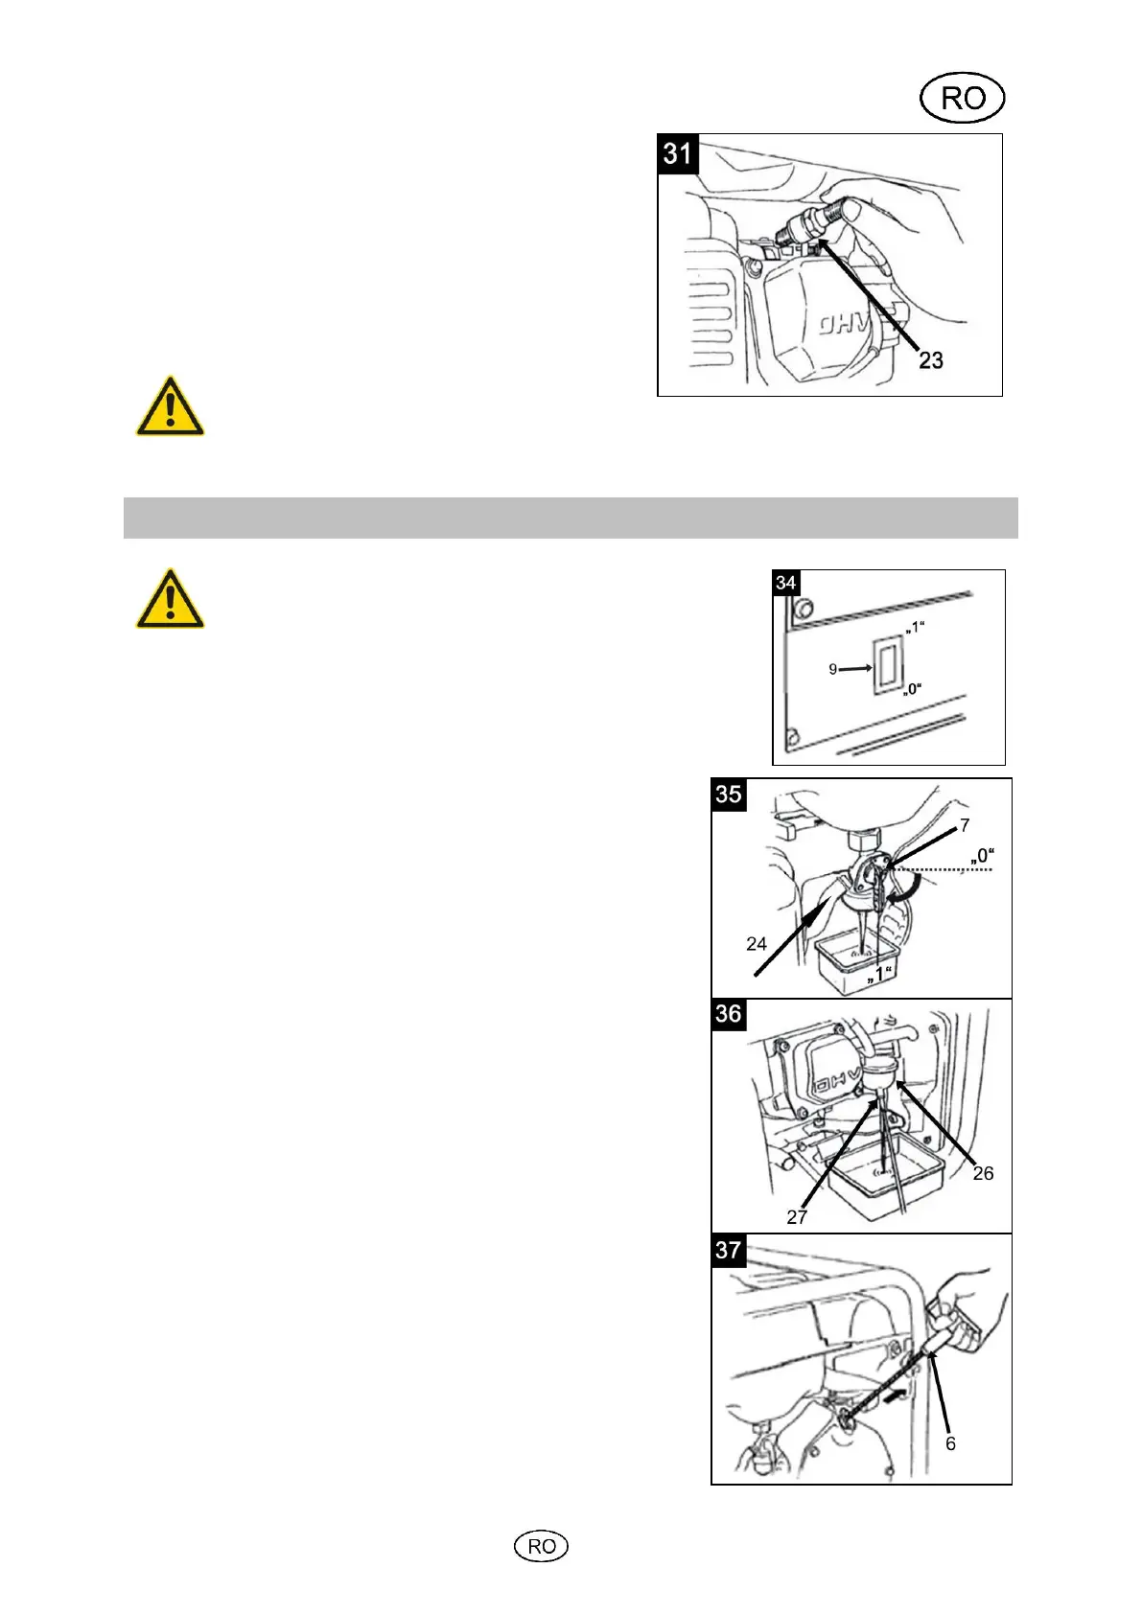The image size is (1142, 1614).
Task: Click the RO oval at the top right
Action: tap(962, 98)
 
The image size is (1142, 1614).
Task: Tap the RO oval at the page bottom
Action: tap(542, 1546)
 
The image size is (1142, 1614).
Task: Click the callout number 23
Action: tap(931, 360)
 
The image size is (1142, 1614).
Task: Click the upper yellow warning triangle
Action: tap(170, 407)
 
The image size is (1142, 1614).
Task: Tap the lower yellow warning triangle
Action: tap(170, 600)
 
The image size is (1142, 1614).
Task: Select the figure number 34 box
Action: tap(786, 583)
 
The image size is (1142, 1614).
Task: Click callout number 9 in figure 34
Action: tap(833, 669)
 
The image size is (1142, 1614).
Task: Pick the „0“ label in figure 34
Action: tap(913, 688)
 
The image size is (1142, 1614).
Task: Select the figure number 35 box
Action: tap(729, 795)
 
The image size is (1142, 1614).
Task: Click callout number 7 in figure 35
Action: tap(965, 825)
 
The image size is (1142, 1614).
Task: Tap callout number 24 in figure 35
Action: tap(757, 944)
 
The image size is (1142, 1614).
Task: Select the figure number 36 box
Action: tap(729, 1014)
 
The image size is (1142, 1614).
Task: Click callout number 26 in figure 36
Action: tap(983, 1173)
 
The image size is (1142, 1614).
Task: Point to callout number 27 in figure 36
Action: tap(797, 1217)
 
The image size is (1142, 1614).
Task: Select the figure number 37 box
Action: tap(729, 1250)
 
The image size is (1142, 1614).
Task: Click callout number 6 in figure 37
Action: tap(950, 1443)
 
